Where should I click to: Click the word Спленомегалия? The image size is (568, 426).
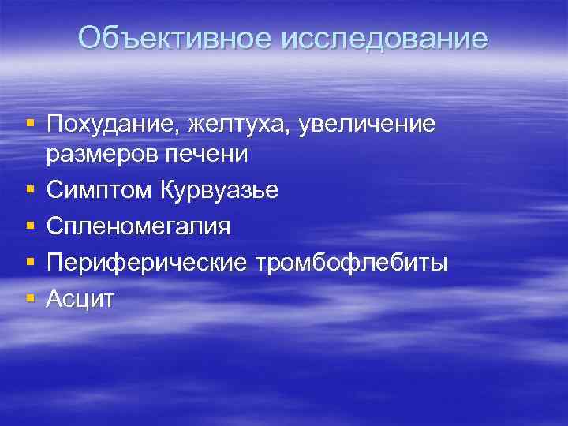point(139,226)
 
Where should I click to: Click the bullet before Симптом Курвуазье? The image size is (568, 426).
point(30,190)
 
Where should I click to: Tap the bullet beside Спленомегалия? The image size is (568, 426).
point(30,226)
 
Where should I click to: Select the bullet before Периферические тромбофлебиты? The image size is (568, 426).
point(30,262)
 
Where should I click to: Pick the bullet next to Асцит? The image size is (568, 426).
point(30,297)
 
